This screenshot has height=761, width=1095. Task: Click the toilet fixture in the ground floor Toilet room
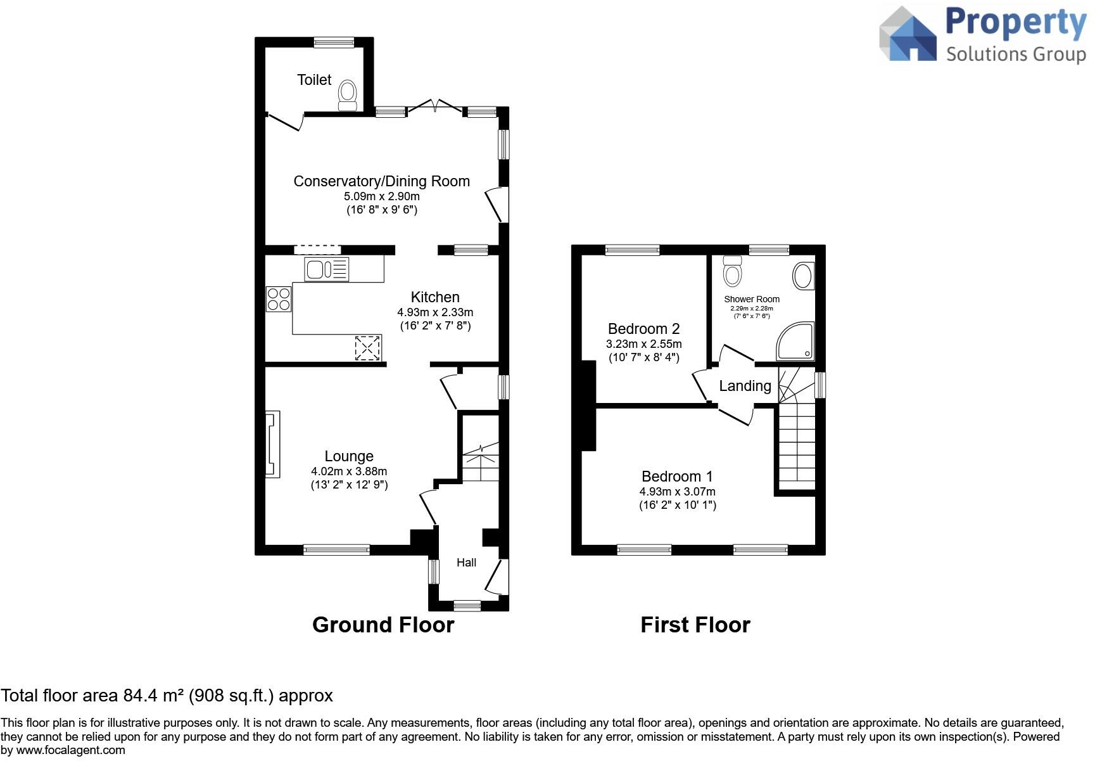(x=347, y=96)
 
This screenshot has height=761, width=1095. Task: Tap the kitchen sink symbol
(x=326, y=269)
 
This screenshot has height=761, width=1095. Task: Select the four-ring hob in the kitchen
(x=279, y=299)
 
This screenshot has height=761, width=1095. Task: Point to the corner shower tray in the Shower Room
(x=795, y=341)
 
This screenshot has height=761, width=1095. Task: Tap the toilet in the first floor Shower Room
(x=733, y=271)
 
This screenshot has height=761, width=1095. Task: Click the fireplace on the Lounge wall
(x=272, y=444)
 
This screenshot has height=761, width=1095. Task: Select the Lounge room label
(x=349, y=456)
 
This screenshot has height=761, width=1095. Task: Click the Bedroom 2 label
(x=643, y=329)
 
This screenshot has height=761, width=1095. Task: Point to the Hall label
(x=466, y=563)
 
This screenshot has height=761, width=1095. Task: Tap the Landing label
(x=745, y=386)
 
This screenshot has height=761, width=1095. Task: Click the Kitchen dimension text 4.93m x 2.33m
(x=435, y=312)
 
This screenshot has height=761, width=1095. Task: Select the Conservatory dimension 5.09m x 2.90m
(x=382, y=196)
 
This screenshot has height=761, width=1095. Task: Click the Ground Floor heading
(x=383, y=625)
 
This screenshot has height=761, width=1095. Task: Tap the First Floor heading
(x=695, y=625)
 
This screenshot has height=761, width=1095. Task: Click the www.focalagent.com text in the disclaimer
(x=70, y=750)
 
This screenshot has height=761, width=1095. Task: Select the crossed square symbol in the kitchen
(x=368, y=348)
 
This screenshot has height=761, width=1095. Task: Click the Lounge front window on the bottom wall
(x=336, y=549)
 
